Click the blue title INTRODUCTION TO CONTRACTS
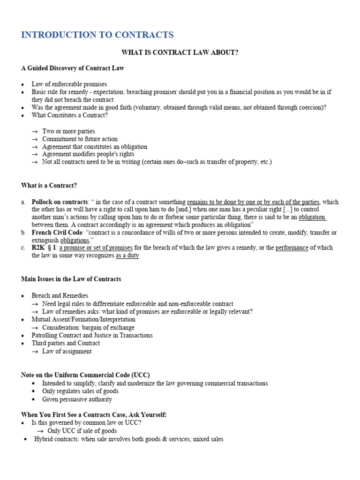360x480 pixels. [97, 35]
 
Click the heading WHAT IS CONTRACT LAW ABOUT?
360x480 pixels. [180, 52]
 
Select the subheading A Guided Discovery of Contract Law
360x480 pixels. [73, 68]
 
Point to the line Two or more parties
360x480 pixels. [68, 131]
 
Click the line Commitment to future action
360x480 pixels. [80, 139]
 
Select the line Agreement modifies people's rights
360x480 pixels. [88, 154]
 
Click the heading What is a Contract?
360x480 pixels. [49, 186]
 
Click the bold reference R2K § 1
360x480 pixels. [44, 248]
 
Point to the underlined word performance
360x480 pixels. [292, 248]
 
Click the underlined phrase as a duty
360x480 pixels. [127, 256]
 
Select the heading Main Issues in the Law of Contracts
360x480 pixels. [71, 279]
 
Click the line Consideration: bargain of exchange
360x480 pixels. [88, 328]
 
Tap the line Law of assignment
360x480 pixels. [67, 352]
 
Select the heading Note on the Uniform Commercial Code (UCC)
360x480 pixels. [85, 375]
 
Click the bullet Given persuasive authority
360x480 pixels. [77, 399]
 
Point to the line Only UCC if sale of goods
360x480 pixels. [82, 431]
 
